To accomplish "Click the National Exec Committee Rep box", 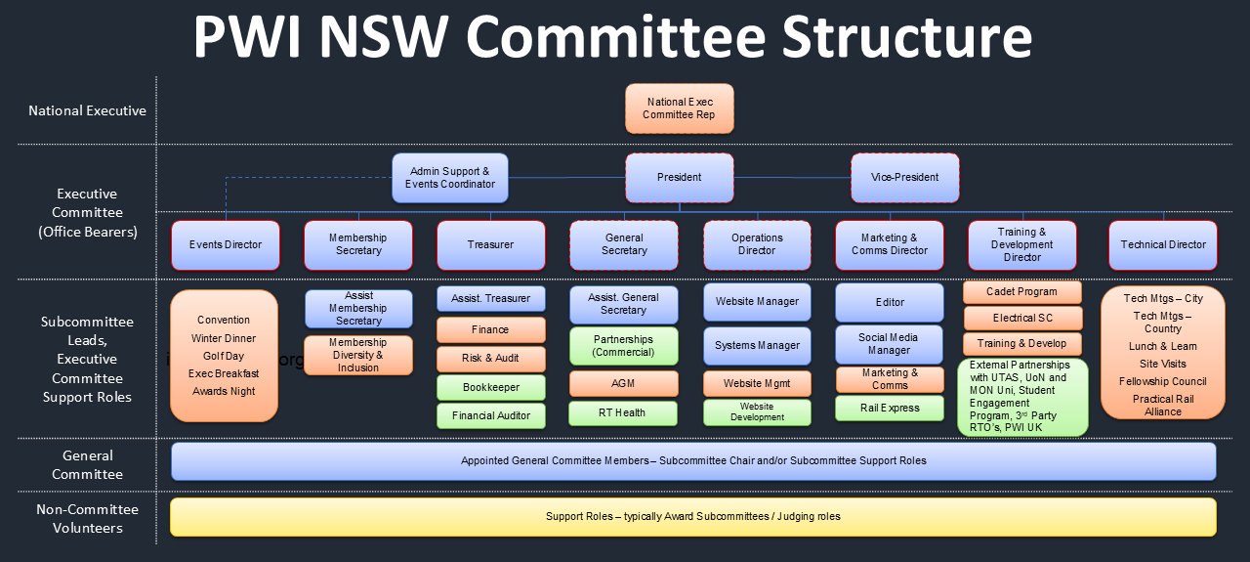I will pyautogui.click(x=679, y=108).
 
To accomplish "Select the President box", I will pyautogui.click(x=679, y=178).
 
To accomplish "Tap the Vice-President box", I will pyautogui.click(x=904, y=178).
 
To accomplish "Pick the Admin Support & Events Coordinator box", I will pyautogui.click(x=450, y=178).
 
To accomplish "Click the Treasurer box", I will pyautogui.click(x=490, y=245).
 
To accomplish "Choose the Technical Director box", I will pyautogui.click(x=1163, y=245).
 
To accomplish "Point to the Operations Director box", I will pyautogui.click(x=757, y=245).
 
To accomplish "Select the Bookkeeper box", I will pyautogui.click(x=490, y=388).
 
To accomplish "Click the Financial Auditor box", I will pyautogui.click(x=490, y=416).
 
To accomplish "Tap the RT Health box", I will pyautogui.click(x=623, y=413).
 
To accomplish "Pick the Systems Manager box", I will pyautogui.click(x=757, y=346).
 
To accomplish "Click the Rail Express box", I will pyautogui.click(x=890, y=409).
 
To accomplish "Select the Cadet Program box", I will pyautogui.click(x=1022, y=292).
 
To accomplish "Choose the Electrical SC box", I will pyautogui.click(x=1022, y=319).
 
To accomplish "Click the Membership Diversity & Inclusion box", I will pyautogui.click(x=358, y=355).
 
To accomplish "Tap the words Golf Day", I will pyautogui.click(x=224, y=356).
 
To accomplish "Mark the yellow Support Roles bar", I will pyautogui.click(x=693, y=517).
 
